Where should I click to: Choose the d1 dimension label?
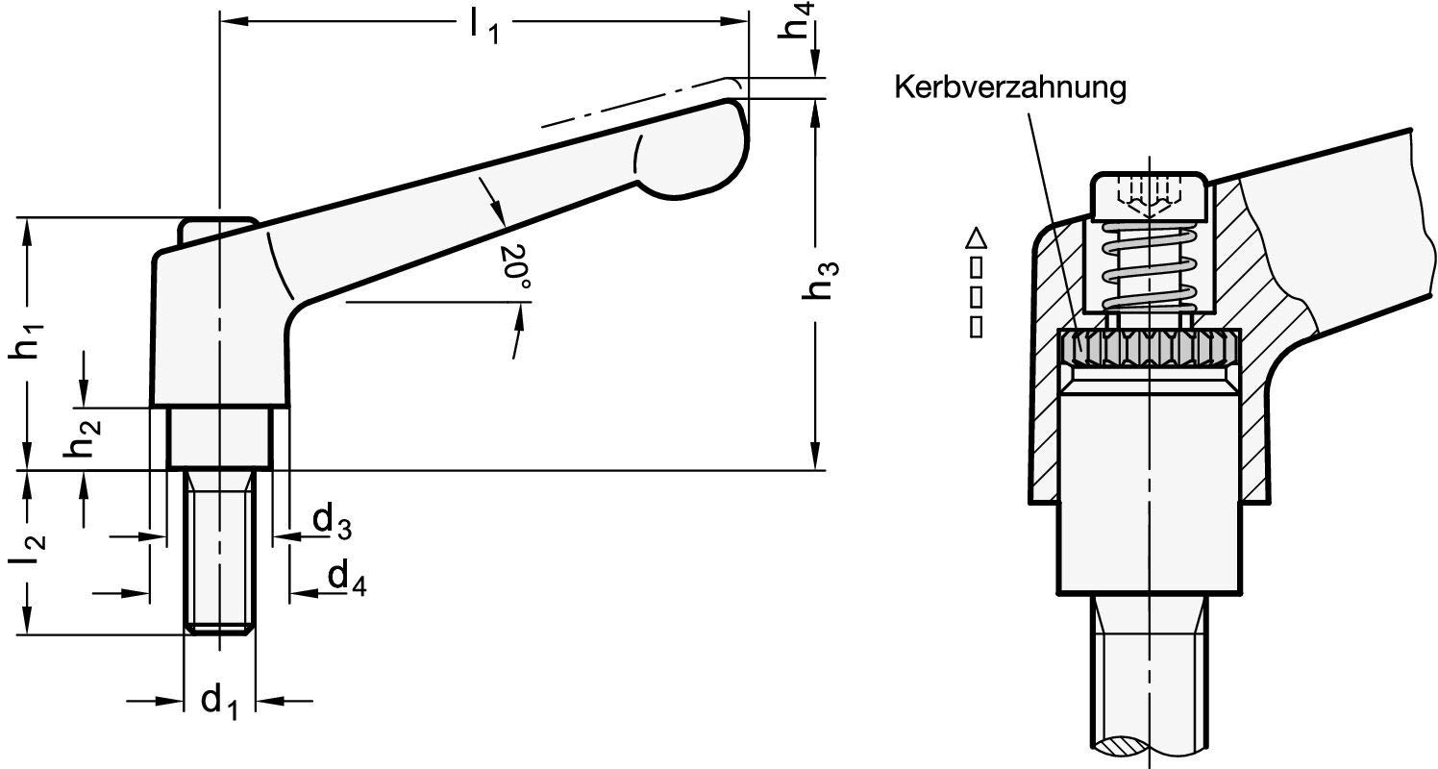[220, 701]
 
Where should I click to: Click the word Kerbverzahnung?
[1009, 88]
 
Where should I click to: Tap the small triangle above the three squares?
[977, 236]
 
